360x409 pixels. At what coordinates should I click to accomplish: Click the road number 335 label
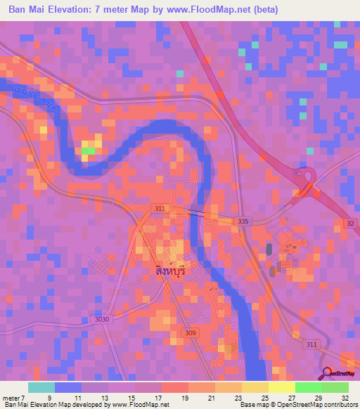click(x=243, y=221)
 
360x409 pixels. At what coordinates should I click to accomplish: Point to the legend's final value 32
click(x=345, y=397)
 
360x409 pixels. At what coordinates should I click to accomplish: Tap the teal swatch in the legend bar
click(x=41, y=387)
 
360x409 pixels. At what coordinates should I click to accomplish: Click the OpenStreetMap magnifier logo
click(x=325, y=374)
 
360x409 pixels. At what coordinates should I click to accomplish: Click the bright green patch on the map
click(x=89, y=149)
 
